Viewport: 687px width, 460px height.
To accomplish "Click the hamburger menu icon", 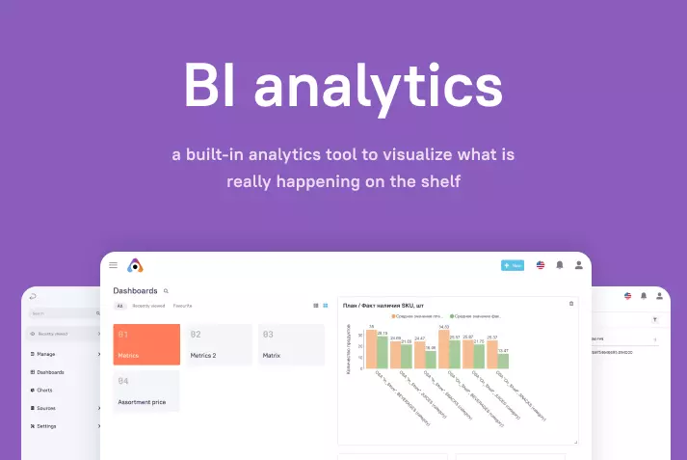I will pyautogui.click(x=114, y=264).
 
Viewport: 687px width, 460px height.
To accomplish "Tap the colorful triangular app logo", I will pyautogui.click(x=135, y=265).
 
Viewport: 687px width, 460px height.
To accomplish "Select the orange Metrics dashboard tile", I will pyautogui.click(x=146, y=344).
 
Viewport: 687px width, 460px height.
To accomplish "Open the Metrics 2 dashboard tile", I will pyautogui.click(x=219, y=344).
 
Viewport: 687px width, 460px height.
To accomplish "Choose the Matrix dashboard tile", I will pyautogui.click(x=291, y=344).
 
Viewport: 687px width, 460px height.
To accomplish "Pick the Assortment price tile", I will pyautogui.click(x=146, y=392).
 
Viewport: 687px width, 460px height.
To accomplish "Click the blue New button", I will pyautogui.click(x=513, y=265).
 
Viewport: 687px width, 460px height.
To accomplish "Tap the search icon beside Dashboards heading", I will pyautogui.click(x=166, y=290).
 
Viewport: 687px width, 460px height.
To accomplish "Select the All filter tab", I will pyautogui.click(x=120, y=306).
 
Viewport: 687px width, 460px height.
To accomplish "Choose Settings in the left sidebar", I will pyautogui.click(x=46, y=425).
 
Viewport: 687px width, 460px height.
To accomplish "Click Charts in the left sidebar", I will pyautogui.click(x=44, y=390).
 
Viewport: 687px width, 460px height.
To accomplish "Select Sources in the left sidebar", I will pyautogui.click(x=46, y=408).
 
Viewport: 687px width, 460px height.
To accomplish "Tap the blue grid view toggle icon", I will pyautogui.click(x=325, y=306).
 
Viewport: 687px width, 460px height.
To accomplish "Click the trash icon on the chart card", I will pyautogui.click(x=570, y=304).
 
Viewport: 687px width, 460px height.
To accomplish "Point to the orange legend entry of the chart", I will pyautogui.click(x=416, y=315).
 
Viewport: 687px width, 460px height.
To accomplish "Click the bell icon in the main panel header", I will pyautogui.click(x=560, y=265).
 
